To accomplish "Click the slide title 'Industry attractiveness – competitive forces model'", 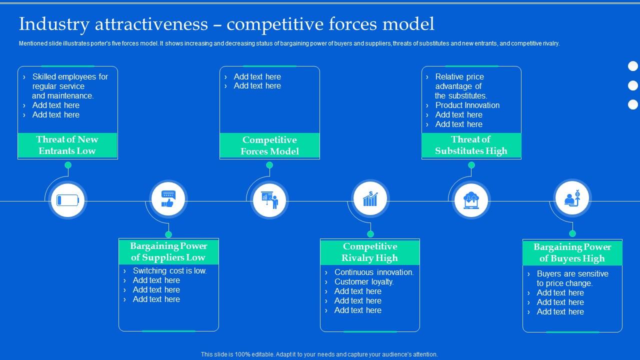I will point(226,23).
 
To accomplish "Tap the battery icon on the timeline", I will point(68,200).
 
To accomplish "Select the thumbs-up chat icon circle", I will point(168,199).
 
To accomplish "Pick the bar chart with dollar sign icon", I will point(370,198).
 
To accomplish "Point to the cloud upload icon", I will point(471,200).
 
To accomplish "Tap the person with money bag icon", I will point(572,198).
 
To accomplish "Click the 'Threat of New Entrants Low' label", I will point(67,145).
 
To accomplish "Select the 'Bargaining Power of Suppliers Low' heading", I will point(168,251).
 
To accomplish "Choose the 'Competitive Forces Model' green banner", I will point(269,145).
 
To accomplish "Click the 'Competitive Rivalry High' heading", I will point(370,252).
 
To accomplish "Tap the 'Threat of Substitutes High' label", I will point(471,145).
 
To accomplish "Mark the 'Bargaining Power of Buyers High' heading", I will point(572,252).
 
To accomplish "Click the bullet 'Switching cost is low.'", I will point(169,270).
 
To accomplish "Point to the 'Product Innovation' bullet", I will point(467,105).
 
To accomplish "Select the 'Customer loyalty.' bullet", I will point(364,281).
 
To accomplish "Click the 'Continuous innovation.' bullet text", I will point(374,272).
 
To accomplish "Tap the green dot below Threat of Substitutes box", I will point(471,164).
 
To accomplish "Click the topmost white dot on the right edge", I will point(633,66).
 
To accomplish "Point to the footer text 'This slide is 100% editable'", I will point(319,354).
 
